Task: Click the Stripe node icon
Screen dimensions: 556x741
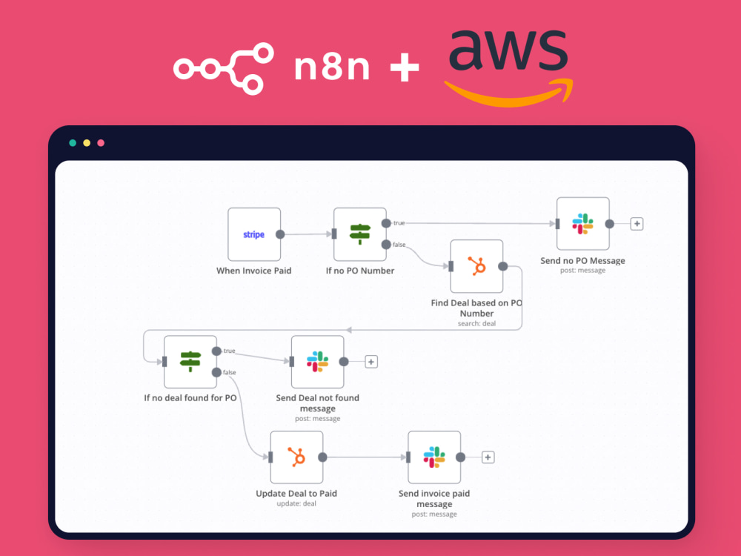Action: pyautogui.click(x=253, y=234)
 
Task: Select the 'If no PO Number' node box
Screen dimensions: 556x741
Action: pyautogui.click(x=360, y=234)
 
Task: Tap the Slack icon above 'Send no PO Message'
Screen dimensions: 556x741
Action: pyautogui.click(x=583, y=224)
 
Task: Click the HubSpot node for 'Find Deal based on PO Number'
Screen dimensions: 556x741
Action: pyautogui.click(x=476, y=266)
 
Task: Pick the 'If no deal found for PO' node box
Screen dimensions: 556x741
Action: pyautogui.click(x=190, y=362)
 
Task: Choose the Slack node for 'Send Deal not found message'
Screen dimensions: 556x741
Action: pyautogui.click(x=318, y=362)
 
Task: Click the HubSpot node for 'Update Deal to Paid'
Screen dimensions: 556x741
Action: pyautogui.click(x=296, y=457)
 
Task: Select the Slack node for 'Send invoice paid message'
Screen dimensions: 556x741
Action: pyautogui.click(x=434, y=457)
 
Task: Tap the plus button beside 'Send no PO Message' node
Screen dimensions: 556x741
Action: pyautogui.click(x=637, y=224)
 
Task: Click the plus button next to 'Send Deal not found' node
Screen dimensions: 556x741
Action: pyautogui.click(x=371, y=362)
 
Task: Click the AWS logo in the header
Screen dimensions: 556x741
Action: pyautogui.click(x=509, y=67)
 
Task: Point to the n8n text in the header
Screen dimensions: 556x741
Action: pyautogui.click(x=331, y=68)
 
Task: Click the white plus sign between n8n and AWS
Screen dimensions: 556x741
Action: pyautogui.click(x=405, y=69)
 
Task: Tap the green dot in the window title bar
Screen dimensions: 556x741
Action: pyautogui.click(x=73, y=143)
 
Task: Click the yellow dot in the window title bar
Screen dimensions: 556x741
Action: pyautogui.click(x=87, y=143)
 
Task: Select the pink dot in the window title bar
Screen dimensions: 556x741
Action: pyautogui.click(x=101, y=143)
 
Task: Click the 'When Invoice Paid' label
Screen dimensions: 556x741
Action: pyautogui.click(x=253, y=271)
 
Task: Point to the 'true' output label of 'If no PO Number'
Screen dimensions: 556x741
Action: pyautogui.click(x=399, y=223)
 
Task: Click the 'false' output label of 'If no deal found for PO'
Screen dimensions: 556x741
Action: pyautogui.click(x=230, y=372)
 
